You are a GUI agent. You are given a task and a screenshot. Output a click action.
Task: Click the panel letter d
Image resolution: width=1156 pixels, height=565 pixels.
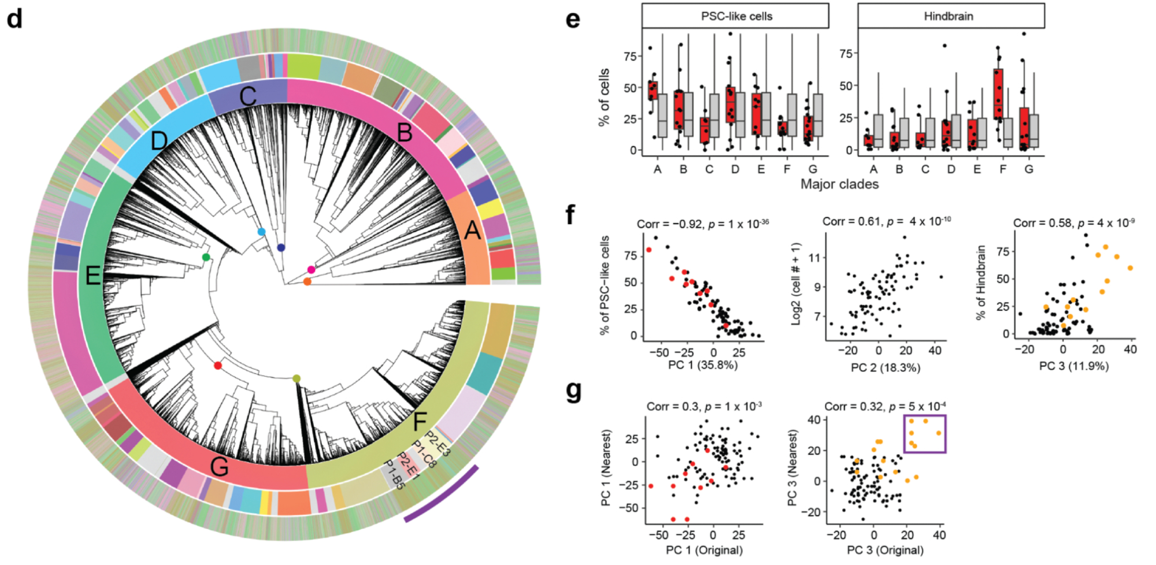[14, 19]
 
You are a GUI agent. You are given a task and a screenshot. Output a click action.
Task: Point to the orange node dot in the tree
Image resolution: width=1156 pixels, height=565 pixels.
[307, 281]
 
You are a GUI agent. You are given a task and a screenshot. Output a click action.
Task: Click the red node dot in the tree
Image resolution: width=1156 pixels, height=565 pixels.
[218, 366]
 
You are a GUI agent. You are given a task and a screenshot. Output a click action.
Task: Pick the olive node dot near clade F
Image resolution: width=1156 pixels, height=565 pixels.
[297, 378]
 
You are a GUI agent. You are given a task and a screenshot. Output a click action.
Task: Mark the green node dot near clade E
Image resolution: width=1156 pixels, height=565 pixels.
[206, 257]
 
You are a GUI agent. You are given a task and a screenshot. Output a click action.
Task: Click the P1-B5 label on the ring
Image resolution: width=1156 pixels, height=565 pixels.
[394, 473]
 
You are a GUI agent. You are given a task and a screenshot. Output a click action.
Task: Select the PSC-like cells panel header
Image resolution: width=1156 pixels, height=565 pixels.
[735, 16]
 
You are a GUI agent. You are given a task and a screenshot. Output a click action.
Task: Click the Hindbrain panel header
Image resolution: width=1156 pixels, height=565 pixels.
[951, 16]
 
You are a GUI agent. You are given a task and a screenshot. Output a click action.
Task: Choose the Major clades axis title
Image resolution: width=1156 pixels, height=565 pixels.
[839, 184]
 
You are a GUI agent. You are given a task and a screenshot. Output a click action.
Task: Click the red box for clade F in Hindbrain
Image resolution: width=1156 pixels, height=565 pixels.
[998, 94]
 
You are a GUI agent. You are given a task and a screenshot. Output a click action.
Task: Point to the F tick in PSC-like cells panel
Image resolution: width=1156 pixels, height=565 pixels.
[787, 169]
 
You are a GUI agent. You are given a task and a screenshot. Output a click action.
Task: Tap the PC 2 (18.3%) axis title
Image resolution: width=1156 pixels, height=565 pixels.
[885, 367]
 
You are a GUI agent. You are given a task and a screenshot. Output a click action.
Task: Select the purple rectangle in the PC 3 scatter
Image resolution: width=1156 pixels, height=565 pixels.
[925, 434]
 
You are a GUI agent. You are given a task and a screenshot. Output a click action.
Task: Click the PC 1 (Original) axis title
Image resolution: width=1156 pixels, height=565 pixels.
[704, 550]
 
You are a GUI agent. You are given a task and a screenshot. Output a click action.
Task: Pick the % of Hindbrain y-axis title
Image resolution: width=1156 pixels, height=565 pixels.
[980, 282]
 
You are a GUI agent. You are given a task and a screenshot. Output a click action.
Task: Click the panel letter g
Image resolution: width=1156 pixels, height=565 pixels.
[573, 391]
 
